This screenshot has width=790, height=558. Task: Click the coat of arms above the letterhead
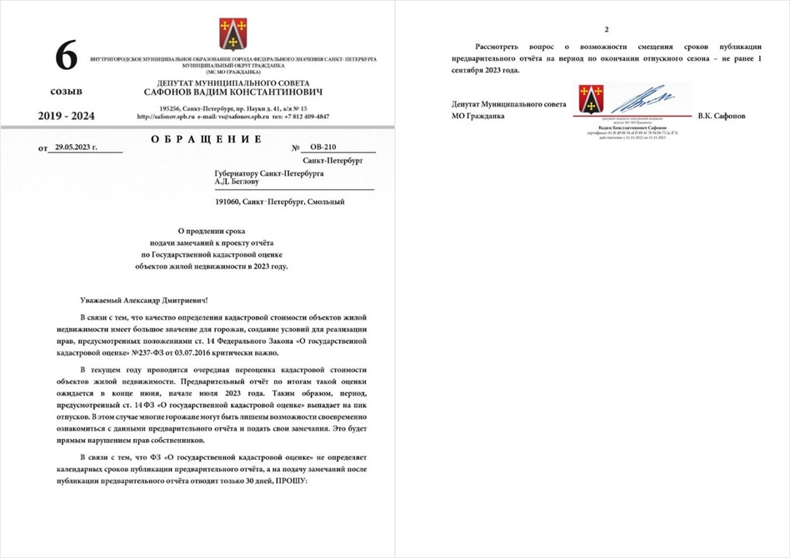(232, 34)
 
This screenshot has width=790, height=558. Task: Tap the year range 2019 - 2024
(67, 116)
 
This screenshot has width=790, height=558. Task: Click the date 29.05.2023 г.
(71, 147)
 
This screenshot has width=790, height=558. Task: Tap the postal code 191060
(227, 202)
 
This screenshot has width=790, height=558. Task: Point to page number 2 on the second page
(594, 28)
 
